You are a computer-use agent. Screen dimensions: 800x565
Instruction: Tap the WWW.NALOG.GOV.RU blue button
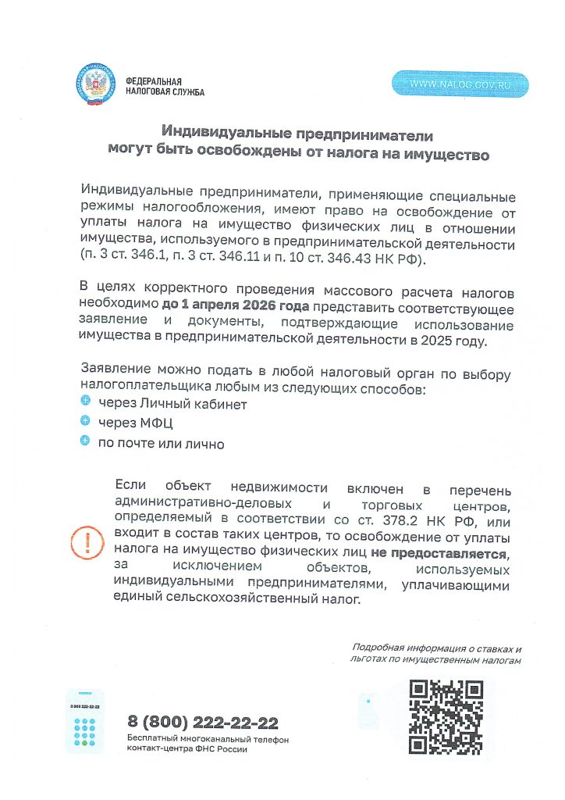[460, 84]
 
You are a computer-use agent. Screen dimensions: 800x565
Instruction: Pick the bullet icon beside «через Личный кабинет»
[86, 402]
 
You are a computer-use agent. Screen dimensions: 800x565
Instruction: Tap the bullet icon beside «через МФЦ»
[86, 421]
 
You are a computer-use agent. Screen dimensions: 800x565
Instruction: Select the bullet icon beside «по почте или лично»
[86, 441]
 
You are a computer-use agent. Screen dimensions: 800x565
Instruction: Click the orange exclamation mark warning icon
[87, 540]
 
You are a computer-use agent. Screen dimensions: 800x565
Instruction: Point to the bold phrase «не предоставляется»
[439, 553]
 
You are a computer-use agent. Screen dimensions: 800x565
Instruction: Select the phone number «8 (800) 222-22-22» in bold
[203, 723]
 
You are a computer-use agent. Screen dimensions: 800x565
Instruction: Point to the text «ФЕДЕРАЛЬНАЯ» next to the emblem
[153, 81]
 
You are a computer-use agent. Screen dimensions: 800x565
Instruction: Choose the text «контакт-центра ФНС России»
[187, 749]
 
